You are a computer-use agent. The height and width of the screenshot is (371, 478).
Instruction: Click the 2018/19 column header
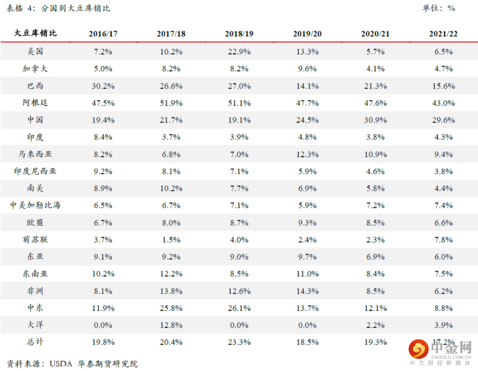coord(239,34)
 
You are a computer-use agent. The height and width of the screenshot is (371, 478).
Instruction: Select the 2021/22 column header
coord(443,34)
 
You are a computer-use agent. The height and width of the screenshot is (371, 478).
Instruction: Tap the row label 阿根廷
coord(35,103)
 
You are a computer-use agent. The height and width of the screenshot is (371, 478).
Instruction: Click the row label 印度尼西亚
coord(35,171)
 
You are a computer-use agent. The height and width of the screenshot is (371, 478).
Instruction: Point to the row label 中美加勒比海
coord(35,205)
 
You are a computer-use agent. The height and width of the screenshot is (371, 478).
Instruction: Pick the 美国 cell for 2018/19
coord(239,52)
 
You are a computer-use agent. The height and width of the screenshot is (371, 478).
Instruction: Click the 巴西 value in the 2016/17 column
coord(103,86)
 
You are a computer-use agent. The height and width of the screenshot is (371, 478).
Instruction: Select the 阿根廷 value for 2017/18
coord(171,103)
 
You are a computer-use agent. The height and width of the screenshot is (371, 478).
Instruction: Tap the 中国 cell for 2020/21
coord(375,120)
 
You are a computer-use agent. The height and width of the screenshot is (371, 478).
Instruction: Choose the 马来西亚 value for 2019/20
coord(307,155)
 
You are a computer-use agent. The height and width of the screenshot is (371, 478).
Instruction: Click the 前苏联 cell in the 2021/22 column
coord(443,240)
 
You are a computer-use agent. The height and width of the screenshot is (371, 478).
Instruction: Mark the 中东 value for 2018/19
coord(239,308)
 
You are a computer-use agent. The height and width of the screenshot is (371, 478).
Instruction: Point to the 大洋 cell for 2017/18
coord(171,325)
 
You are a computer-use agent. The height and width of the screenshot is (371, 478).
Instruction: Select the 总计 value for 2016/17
coord(103,342)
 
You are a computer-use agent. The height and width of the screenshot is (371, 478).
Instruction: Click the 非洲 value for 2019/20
coord(307,291)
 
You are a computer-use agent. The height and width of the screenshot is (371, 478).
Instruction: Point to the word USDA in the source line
coord(61,364)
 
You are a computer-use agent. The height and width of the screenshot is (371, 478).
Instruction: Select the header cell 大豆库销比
coord(35,33)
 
